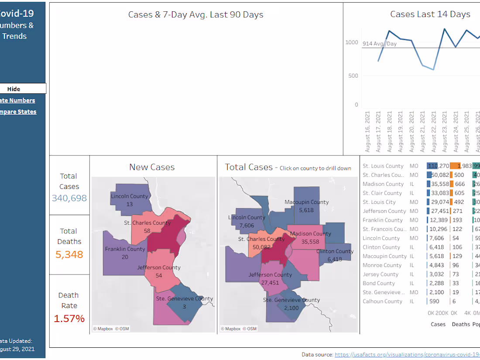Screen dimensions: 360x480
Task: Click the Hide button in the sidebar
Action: (x=14, y=89)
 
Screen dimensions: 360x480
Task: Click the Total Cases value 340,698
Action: (x=69, y=198)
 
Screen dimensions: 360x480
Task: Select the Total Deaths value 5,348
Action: (x=69, y=254)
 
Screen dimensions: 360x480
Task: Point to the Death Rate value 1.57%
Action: (x=69, y=319)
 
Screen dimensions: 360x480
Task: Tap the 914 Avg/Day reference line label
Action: (x=380, y=44)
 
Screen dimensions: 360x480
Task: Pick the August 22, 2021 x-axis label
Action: (x=433, y=131)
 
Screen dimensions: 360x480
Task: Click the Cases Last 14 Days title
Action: (x=430, y=14)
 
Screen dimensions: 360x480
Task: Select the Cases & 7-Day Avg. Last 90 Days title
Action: (x=195, y=14)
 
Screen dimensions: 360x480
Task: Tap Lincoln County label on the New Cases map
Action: (x=129, y=196)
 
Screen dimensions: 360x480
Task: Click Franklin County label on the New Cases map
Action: (x=125, y=249)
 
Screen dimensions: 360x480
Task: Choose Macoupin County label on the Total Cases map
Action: (x=306, y=202)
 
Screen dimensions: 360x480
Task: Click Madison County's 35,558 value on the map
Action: (x=310, y=241)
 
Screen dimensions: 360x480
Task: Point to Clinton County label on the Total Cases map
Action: (x=335, y=251)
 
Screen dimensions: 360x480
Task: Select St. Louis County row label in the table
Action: (x=383, y=166)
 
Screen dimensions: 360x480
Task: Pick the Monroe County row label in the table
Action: (x=382, y=265)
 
